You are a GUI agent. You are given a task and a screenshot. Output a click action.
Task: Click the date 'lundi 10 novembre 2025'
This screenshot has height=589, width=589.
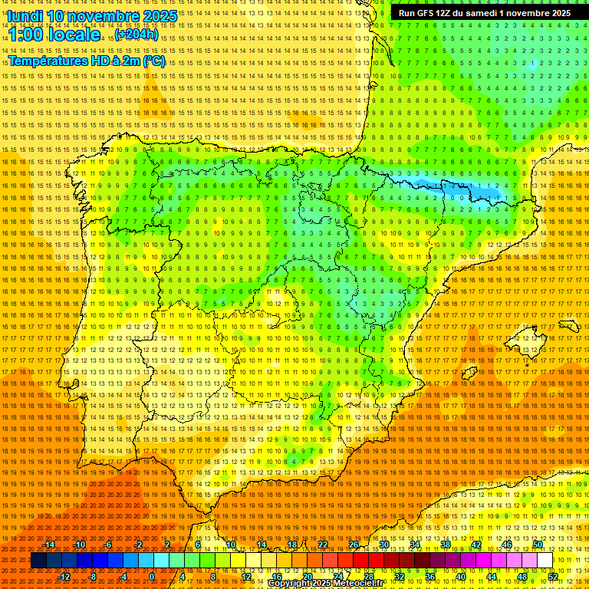pos(92,16)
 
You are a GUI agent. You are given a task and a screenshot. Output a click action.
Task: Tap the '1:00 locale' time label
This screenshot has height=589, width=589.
pos(54,35)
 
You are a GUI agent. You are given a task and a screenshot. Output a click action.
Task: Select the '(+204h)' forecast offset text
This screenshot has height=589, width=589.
pos(137,35)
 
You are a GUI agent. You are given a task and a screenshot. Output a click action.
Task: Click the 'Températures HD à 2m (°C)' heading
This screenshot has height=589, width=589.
pos(86,61)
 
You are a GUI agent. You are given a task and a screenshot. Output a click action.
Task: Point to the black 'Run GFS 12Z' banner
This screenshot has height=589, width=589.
pos(484,13)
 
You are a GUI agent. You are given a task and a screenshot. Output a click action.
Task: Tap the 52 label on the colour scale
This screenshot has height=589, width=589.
pos(553,577)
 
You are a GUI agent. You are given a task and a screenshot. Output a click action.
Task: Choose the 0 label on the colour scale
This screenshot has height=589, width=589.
pos(152,577)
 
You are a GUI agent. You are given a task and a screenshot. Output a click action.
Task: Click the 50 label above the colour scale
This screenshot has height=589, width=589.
pos(538,545)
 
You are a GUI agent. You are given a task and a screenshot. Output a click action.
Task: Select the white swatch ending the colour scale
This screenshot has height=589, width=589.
pos(545,561)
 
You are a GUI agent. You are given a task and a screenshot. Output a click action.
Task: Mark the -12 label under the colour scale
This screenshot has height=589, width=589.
pos(64,577)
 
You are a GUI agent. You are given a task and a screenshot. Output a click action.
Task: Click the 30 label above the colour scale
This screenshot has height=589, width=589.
pos(384,545)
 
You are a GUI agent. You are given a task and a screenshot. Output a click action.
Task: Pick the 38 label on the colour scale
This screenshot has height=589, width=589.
pos(446,545)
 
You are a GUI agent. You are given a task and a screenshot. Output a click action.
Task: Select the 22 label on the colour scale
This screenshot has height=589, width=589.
pos(323,545)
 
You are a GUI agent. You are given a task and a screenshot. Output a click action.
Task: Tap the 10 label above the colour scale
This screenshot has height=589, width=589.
pos(230,545)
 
